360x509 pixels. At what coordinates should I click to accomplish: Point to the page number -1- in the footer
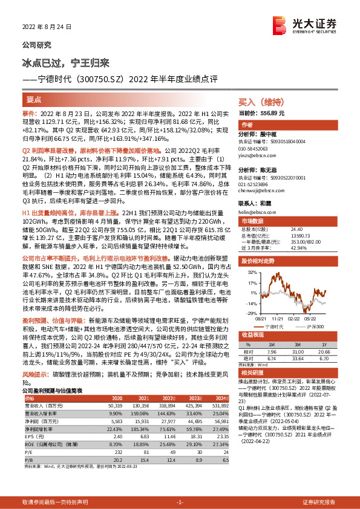180,501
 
